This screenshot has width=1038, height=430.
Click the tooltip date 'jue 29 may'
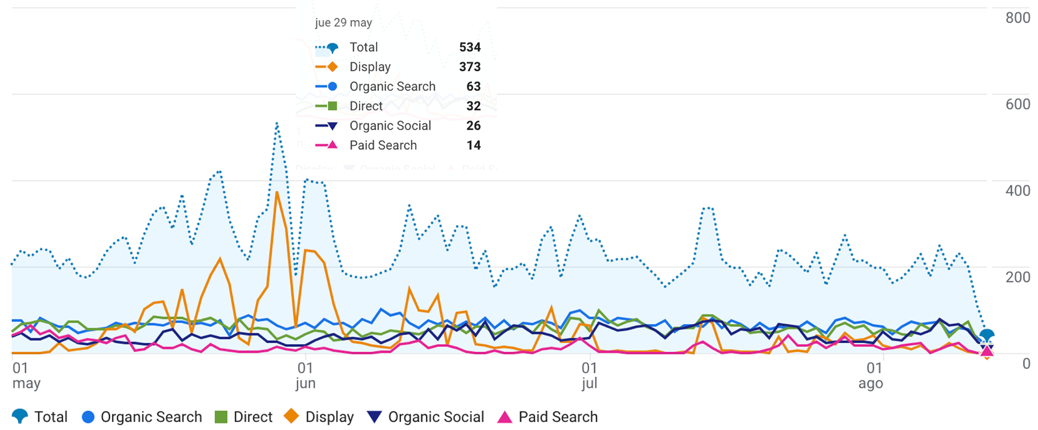click(343, 23)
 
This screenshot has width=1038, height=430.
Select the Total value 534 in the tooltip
click(469, 48)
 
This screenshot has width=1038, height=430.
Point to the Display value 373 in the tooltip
click(469, 67)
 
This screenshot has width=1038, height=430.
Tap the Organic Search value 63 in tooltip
click(473, 86)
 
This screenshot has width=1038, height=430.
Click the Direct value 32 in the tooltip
click(473, 106)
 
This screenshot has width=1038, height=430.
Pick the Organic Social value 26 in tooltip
click(473, 126)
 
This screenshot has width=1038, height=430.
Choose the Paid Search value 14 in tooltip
click(473, 145)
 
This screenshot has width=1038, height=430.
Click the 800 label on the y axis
click(1017, 18)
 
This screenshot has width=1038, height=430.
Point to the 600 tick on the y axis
click(1017, 104)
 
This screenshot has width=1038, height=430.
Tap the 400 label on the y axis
click(1017, 191)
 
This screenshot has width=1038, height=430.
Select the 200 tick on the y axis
click(1017, 277)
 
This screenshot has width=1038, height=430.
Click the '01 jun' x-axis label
click(305, 375)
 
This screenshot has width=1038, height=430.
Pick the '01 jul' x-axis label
click(589, 375)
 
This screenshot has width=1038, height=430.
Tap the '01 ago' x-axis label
click(871, 375)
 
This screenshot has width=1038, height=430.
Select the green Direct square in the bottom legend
click(221, 417)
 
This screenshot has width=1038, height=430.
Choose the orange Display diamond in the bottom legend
click(291, 416)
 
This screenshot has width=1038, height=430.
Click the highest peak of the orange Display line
click(277, 192)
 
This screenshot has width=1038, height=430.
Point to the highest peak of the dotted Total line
click(277, 124)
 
